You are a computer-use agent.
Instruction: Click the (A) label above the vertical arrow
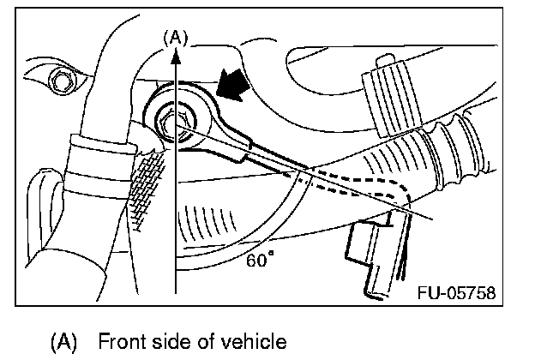175,37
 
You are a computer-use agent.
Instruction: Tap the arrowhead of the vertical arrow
175,55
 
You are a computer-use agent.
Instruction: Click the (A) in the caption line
63,341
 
